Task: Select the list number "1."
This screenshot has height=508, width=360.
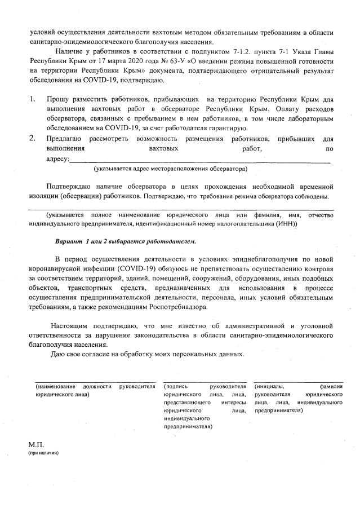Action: (33, 99)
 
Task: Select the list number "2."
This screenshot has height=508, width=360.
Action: (33, 138)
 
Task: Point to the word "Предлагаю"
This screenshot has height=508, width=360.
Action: (64, 138)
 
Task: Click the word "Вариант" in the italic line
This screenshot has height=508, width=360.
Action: (68, 241)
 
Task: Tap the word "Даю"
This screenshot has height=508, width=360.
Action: (57, 354)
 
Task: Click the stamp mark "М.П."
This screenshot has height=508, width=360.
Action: (36, 445)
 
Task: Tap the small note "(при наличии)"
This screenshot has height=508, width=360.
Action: (43, 453)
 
